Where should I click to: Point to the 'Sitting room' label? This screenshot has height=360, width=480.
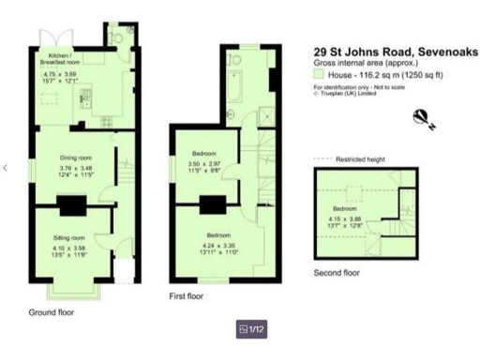[x=69, y=238]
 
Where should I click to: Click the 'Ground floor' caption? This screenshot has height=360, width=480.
[x=52, y=311]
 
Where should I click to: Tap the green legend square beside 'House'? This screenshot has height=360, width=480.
[x=319, y=74]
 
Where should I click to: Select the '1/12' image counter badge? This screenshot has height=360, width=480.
[x=252, y=329]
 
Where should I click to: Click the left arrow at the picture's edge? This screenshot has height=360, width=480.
[x=6, y=168]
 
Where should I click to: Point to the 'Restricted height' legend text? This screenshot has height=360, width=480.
[x=360, y=160]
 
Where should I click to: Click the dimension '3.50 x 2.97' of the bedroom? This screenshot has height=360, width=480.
[x=205, y=165]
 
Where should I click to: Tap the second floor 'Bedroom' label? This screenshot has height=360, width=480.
[x=344, y=209]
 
